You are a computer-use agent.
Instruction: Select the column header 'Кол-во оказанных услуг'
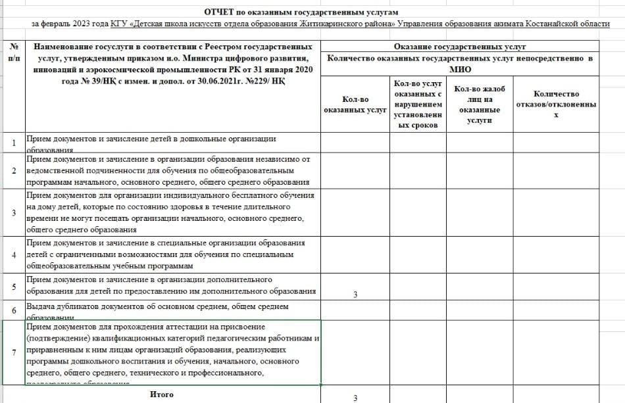[355, 105]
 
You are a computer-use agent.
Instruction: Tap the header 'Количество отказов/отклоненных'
[556, 104]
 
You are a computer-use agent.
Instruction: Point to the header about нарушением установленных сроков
[418, 104]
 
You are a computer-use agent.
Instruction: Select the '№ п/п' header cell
[13, 52]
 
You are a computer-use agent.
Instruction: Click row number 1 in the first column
[13, 143]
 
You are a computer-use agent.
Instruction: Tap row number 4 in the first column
[13, 255]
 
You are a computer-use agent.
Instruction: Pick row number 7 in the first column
[13, 353]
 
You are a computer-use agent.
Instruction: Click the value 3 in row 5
[355, 294]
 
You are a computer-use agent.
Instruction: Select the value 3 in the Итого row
[355, 398]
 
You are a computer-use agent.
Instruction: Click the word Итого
[162, 394]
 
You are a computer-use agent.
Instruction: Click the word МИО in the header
[460, 68]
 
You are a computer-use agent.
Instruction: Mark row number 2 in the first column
[13, 171]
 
